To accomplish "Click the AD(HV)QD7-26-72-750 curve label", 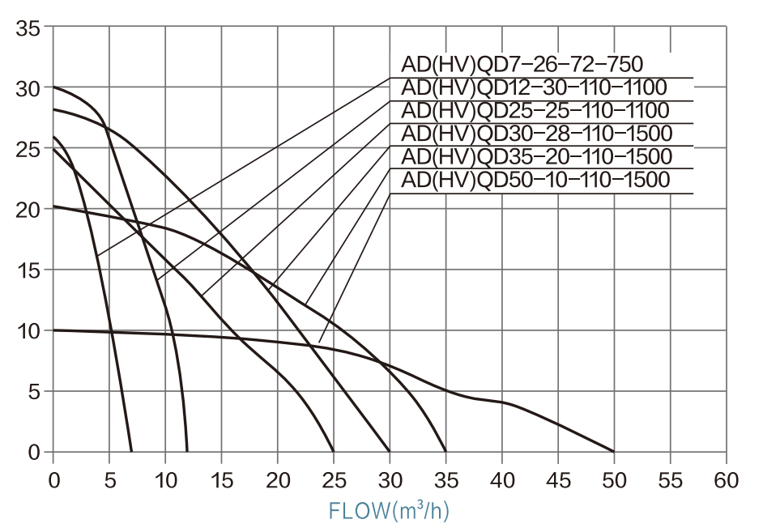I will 522,65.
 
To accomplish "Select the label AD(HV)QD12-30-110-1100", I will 534,87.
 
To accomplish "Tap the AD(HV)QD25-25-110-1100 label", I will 535,110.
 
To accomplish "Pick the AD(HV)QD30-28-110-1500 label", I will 536,133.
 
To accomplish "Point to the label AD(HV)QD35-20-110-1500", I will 536,156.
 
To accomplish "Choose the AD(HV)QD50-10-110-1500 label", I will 536,179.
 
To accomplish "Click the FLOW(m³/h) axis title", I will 389,511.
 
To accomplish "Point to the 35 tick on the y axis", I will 28,28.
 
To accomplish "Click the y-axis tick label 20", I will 28,210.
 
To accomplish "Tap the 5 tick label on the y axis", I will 33,391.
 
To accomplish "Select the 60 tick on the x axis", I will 726,480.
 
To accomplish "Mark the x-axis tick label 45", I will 557,480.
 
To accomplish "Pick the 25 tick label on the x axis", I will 333,480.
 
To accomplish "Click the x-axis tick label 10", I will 165,480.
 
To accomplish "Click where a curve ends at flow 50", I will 613,451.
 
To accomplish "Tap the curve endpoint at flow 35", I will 445,451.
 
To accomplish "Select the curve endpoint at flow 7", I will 131,451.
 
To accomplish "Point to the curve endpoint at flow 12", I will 187,451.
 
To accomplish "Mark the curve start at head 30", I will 53,87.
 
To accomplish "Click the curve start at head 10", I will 53,330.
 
